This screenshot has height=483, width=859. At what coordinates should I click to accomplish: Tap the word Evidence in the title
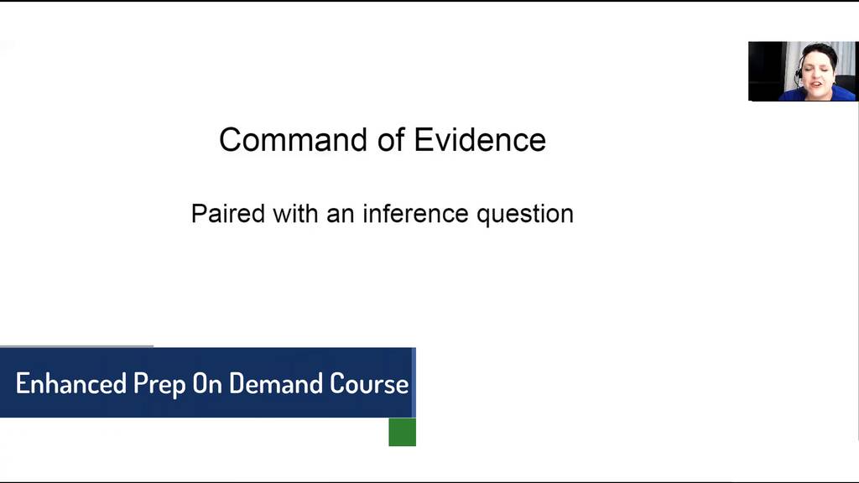480,140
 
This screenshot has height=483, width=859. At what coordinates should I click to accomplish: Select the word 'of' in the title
391,140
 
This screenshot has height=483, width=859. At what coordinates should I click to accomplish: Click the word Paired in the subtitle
228,213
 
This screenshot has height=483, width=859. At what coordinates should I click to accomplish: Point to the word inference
416,213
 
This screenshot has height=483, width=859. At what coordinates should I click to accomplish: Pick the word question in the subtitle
525,214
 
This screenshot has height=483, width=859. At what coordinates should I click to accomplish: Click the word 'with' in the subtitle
295,213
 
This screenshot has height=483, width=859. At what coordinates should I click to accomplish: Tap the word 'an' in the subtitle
341,216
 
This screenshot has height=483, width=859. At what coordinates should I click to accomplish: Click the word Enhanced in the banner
71,383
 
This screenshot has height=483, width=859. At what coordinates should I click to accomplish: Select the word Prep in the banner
159,385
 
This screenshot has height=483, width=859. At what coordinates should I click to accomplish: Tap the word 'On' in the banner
206,383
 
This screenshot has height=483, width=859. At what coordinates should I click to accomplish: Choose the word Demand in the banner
275,383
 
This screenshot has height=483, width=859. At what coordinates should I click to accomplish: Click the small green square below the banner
402,432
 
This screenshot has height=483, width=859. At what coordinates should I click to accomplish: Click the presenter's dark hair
818,52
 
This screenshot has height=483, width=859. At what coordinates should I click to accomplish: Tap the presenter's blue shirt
817,94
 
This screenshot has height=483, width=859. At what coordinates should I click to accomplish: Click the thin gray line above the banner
76,346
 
